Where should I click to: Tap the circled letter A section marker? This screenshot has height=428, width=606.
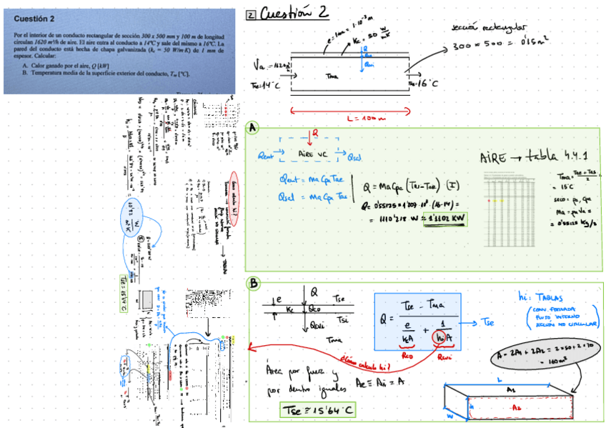(x=252, y=128)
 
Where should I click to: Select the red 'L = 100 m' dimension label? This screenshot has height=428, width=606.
(x=350, y=116)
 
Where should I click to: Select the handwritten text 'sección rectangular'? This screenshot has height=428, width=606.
(x=483, y=27)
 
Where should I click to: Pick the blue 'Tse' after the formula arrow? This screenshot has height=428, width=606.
(x=490, y=321)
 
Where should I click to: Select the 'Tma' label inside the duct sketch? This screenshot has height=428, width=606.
(x=332, y=75)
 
